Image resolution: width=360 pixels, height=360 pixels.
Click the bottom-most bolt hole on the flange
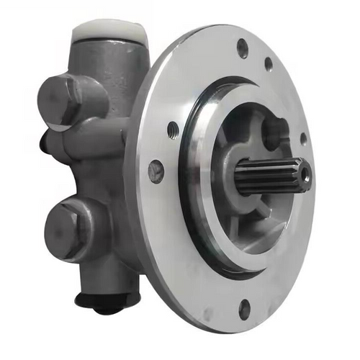coord(244,310)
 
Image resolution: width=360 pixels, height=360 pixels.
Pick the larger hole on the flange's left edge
coord(156,171)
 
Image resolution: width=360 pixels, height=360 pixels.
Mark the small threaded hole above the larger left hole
coord(172,130)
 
